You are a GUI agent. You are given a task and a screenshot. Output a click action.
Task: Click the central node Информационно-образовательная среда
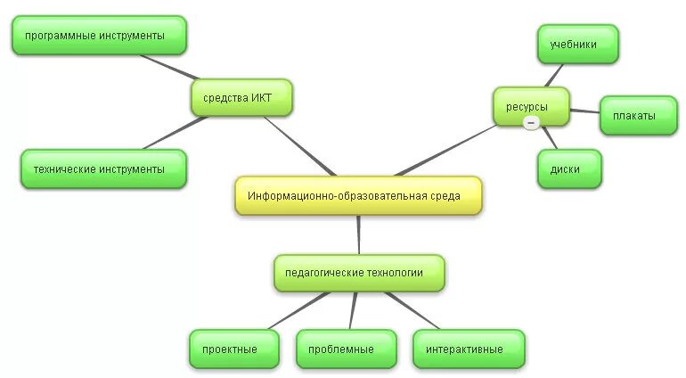click(x=358, y=195)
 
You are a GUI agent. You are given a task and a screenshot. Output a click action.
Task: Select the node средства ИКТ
click(x=241, y=97)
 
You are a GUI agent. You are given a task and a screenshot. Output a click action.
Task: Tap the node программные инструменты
click(x=99, y=36)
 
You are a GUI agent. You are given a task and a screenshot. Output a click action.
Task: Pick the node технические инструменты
click(x=103, y=168)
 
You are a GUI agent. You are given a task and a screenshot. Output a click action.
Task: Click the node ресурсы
click(x=531, y=106)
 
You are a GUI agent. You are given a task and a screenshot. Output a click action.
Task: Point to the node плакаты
click(x=638, y=116)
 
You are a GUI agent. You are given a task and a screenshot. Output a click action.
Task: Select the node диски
click(x=569, y=168)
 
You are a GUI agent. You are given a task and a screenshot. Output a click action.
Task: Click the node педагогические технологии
click(x=359, y=273)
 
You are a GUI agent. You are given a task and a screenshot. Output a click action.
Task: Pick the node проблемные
click(x=346, y=349)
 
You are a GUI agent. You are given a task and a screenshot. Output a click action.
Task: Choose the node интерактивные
click(x=469, y=349)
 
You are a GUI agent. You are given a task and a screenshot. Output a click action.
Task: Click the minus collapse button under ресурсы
click(x=531, y=122)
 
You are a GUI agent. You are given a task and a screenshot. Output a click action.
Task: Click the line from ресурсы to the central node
click(x=445, y=150)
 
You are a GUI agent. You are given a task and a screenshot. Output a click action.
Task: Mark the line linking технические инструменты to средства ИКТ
click(x=174, y=133)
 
